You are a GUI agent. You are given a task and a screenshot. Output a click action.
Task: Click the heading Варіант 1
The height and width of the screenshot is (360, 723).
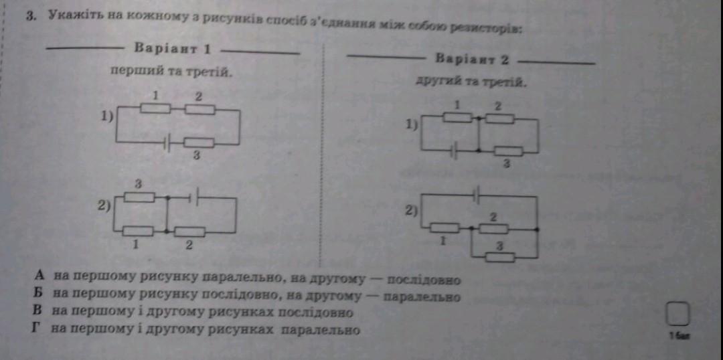click(x=173, y=49)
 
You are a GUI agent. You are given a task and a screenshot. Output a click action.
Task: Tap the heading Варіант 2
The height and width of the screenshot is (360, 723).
click(x=472, y=60)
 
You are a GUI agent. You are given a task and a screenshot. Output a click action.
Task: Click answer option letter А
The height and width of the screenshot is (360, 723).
click(x=40, y=275)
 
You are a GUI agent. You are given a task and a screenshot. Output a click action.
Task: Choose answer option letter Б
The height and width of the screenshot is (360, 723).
click(x=40, y=293)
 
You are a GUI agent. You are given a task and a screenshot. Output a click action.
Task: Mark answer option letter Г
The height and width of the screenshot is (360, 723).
click(x=40, y=329)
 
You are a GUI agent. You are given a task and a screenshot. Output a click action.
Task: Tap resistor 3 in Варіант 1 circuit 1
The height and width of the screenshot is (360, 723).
click(x=199, y=143)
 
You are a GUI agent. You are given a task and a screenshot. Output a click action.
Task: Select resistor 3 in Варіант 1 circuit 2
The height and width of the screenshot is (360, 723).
click(x=139, y=197)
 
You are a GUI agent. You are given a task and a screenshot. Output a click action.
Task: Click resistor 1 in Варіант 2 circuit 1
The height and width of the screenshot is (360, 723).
click(x=459, y=118)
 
